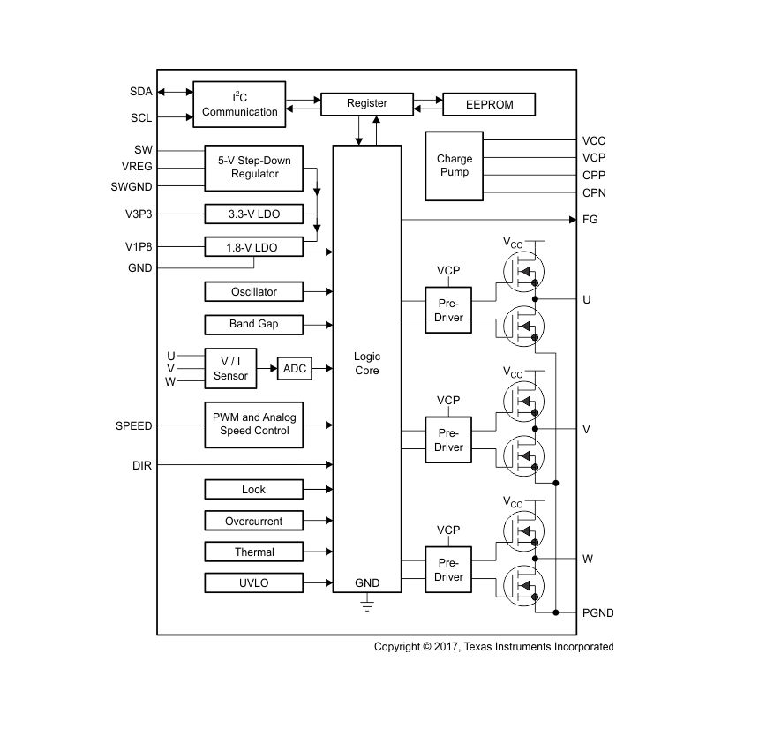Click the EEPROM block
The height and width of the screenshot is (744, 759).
[x=489, y=104]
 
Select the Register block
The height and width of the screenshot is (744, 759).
[x=366, y=103]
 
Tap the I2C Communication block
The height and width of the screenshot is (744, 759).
[x=239, y=104]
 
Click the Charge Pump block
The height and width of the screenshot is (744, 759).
[x=455, y=165]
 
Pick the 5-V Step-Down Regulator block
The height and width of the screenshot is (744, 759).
[x=254, y=167]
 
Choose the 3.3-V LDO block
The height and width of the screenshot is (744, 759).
[x=254, y=214]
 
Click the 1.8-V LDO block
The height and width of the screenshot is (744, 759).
[x=254, y=247]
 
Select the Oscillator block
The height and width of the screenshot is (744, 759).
[x=254, y=291]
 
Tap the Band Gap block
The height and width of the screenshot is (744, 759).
[x=254, y=324]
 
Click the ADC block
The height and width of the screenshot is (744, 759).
[x=295, y=368]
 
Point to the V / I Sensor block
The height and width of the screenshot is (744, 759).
[x=230, y=369]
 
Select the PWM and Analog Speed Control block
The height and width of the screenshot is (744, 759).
[x=254, y=424]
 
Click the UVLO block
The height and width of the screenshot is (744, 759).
[x=254, y=582]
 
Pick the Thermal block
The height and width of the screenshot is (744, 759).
[x=254, y=552]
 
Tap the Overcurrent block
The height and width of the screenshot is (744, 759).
[x=254, y=521]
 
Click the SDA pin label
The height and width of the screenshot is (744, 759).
[x=141, y=91]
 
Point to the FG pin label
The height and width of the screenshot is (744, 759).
[x=590, y=219]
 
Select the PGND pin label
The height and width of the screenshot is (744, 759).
[x=598, y=612]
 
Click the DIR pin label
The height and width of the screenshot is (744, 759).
[x=141, y=464]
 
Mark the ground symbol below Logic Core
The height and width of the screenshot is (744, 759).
[x=367, y=605]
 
